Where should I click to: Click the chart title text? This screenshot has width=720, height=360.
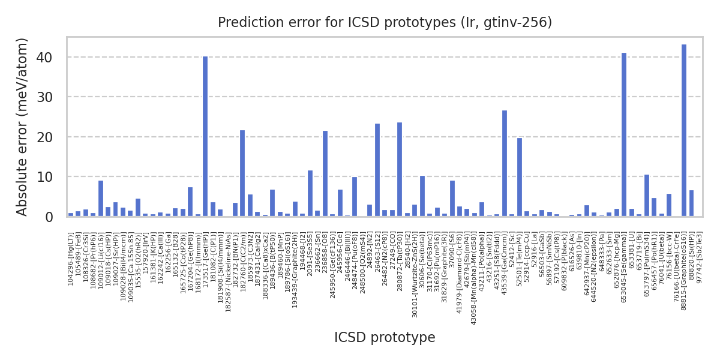point(385,23)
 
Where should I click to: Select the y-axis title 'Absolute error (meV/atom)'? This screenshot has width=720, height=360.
point(23,127)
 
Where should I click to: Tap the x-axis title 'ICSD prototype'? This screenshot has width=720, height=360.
point(385,338)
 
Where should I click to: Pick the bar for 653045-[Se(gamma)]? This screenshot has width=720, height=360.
point(624,135)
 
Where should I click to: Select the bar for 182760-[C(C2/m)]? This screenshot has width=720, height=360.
point(242,173)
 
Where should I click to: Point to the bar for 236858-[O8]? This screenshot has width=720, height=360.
point(325,174)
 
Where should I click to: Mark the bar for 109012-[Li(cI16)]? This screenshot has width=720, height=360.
point(101,199)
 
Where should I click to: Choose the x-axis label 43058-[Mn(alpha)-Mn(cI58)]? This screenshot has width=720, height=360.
point(475,271)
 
